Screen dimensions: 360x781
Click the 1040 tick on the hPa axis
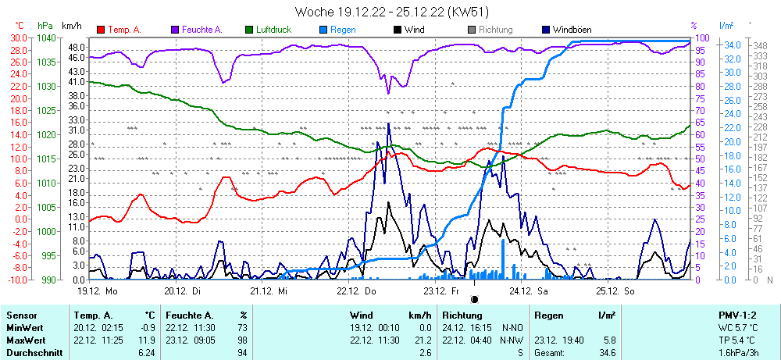[46, 37]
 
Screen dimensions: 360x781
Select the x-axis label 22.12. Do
[358, 290]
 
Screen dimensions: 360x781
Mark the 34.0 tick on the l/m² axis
[732, 45]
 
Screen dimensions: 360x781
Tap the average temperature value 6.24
[146, 353]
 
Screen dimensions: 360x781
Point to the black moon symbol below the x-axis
[474, 298]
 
